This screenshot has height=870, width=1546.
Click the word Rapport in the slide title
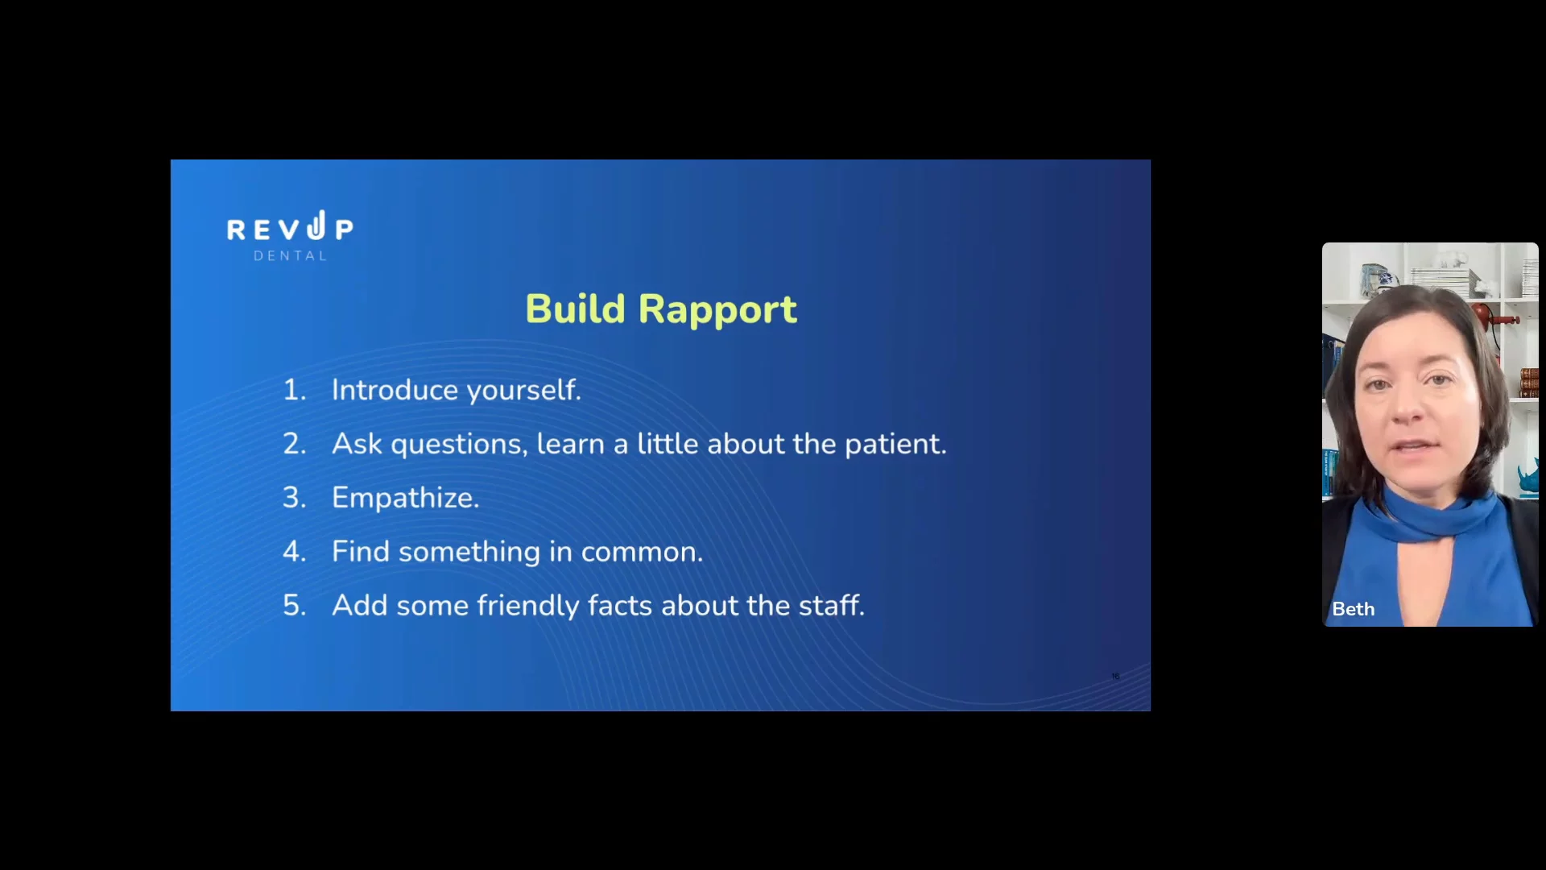(x=717, y=310)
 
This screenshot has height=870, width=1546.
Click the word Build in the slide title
(x=575, y=309)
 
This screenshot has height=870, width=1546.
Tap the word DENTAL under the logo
(x=291, y=256)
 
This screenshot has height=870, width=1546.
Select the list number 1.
(x=294, y=391)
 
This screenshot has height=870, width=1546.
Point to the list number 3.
(x=294, y=498)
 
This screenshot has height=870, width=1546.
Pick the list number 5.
(x=294, y=606)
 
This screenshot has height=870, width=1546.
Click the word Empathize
(x=406, y=499)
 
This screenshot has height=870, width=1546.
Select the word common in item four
(x=642, y=553)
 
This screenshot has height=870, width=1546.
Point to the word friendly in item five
(x=527, y=606)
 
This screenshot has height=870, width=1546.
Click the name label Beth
(x=1354, y=609)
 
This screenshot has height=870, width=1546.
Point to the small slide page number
(x=1115, y=676)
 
